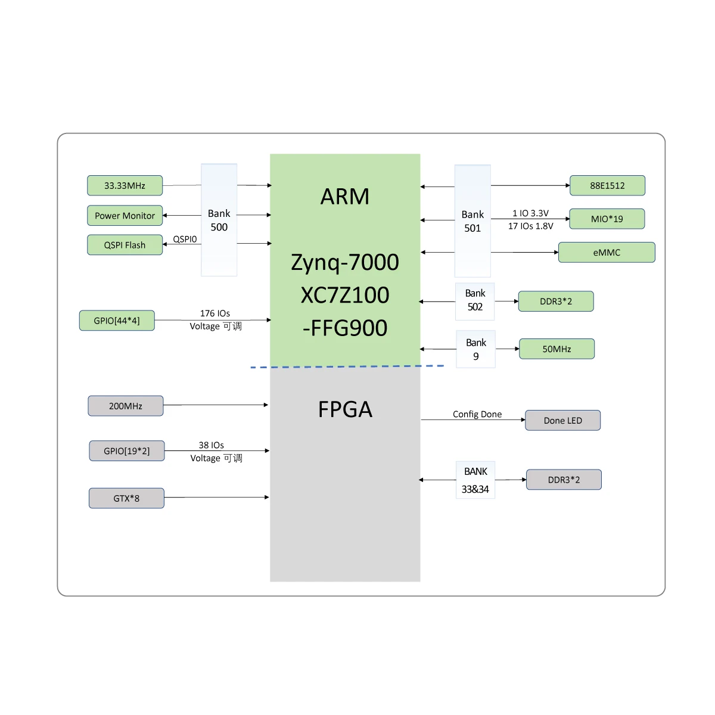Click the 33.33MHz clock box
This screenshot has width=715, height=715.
point(125,185)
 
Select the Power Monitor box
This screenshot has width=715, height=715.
point(125,216)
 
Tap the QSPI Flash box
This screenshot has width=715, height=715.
point(125,245)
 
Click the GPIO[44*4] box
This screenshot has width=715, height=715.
point(117,321)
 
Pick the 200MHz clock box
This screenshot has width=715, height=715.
point(125,406)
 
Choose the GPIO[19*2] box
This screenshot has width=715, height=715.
point(126,451)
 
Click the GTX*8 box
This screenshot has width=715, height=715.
point(126,498)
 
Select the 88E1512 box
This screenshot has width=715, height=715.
point(607,185)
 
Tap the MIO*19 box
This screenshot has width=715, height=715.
point(607,219)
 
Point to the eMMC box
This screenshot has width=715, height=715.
point(607,253)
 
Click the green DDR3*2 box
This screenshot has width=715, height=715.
point(556,301)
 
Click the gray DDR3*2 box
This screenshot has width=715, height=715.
point(564,480)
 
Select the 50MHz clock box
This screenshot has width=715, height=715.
point(557,349)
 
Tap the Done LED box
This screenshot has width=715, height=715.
point(562,420)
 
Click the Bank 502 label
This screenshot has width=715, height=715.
point(475,300)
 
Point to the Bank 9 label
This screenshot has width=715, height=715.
point(475,349)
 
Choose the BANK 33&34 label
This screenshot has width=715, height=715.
point(475,480)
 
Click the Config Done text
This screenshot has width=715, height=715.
point(477,414)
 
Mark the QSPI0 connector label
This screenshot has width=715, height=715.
point(185,239)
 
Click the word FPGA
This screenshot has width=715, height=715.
point(345,409)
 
